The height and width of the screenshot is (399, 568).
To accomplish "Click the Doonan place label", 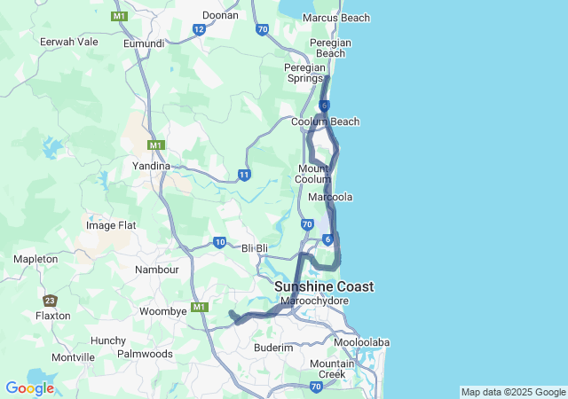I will click(220, 15).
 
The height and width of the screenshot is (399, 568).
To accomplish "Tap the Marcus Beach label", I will click(336, 18).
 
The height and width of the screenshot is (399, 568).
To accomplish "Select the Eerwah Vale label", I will click(68, 42).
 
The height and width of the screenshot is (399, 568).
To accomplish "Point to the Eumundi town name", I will click(144, 43).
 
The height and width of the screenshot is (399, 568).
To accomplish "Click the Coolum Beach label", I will click(326, 121).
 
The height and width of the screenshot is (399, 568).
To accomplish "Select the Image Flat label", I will click(111, 225).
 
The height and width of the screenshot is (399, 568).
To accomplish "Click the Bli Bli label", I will click(255, 248).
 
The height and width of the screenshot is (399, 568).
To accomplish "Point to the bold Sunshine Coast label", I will click(324, 286).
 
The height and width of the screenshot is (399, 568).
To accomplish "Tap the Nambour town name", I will click(157, 269).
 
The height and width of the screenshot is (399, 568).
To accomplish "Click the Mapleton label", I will click(35, 259).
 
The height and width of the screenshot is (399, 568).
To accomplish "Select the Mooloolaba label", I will click(361, 342).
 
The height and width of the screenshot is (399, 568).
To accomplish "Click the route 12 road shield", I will click(199, 29).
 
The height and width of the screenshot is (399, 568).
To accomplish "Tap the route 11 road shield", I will click(243, 175).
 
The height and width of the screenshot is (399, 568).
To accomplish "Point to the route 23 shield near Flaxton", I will click(50, 301).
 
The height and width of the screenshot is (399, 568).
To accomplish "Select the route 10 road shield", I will click(219, 242).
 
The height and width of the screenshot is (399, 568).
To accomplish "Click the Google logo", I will click(29, 387).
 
